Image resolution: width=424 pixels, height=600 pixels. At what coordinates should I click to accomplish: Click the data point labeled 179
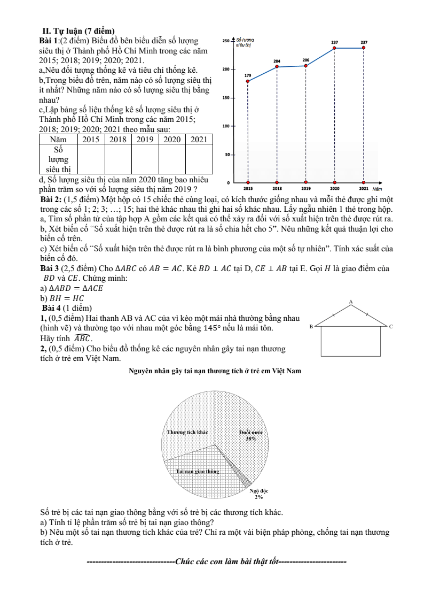(x=248, y=81)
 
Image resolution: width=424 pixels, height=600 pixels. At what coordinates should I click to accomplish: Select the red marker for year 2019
(x=306, y=66)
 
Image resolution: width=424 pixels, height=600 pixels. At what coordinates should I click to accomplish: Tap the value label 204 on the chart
(x=277, y=61)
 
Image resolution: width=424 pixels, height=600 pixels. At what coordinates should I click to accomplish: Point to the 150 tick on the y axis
(x=226, y=98)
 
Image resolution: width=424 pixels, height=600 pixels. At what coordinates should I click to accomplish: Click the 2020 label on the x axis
(x=335, y=188)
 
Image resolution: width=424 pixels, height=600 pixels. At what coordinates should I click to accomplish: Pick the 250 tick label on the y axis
(x=225, y=41)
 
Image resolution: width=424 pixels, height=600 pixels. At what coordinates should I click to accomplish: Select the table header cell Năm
(x=58, y=139)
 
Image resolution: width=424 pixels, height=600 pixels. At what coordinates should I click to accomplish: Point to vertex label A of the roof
(x=351, y=302)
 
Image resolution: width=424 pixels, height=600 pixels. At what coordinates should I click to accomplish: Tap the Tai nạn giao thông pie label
(x=198, y=471)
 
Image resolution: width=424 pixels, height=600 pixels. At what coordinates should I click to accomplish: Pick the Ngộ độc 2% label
(x=259, y=493)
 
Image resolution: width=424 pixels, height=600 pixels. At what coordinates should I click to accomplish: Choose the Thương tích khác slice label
(x=187, y=432)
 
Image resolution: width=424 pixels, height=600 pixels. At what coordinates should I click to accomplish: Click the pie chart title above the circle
(x=215, y=371)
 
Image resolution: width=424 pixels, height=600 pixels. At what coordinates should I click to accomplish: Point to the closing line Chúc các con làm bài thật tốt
(x=216, y=562)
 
